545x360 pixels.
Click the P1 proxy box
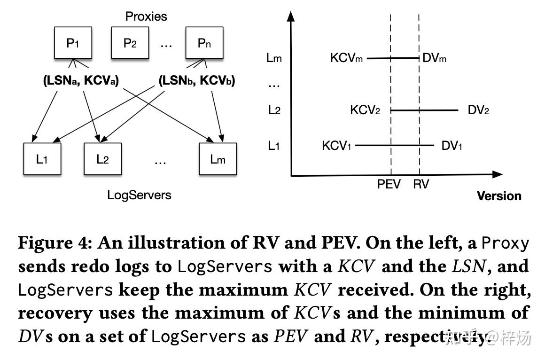[73, 43]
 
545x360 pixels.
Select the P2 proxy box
[130, 43]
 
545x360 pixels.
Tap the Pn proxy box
[204, 43]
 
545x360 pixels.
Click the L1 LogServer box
[42, 159]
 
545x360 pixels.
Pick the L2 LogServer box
[102, 159]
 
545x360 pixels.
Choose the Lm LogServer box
[218, 159]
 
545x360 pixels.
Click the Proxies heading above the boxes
[146, 16]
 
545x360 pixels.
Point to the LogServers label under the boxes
[139, 195]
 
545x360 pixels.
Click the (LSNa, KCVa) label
[81, 81]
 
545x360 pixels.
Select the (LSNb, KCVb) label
[197, 81]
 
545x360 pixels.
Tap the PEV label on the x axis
[389, 184]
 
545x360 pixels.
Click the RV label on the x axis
[421, 184]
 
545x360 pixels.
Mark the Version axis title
[499, 196]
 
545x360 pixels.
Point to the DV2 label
[478, 110]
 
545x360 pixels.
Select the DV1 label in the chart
[452, 146]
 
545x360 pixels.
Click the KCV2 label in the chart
[365, 110]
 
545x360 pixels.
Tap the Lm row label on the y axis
[274, 58]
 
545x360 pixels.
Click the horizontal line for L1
[395, 146]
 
